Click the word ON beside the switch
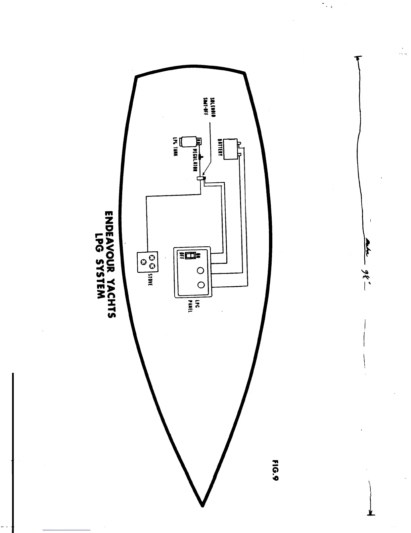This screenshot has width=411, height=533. point(198,255)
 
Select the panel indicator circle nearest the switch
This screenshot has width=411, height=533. point(201,270)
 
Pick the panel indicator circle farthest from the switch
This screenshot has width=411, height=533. point(201,285)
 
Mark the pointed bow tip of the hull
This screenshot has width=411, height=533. point(202,505)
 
